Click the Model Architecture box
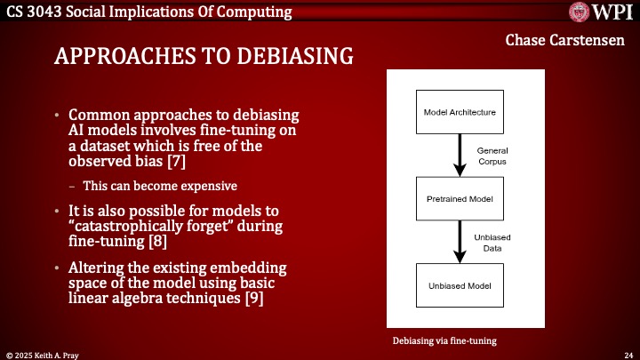click(460, 112)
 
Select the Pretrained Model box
click(460, 199)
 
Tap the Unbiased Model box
click(460, 286)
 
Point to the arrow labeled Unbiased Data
click(460, 242)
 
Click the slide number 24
click(628, 353)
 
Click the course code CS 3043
click(28, 11)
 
